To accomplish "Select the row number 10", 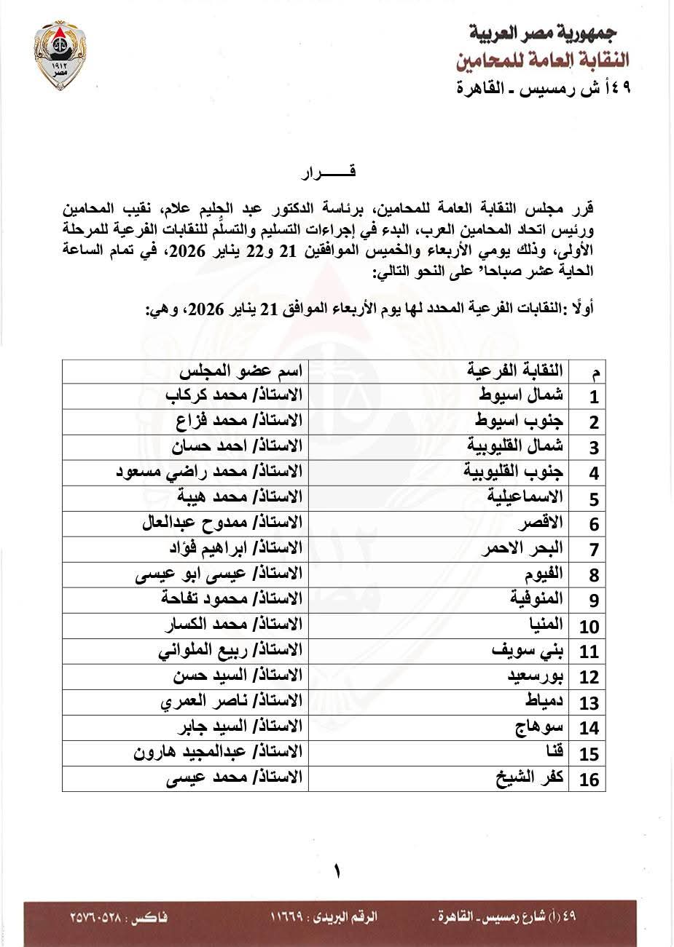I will coord(589,626).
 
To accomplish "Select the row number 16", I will coord(589,780).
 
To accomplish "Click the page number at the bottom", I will coord(337,871).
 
